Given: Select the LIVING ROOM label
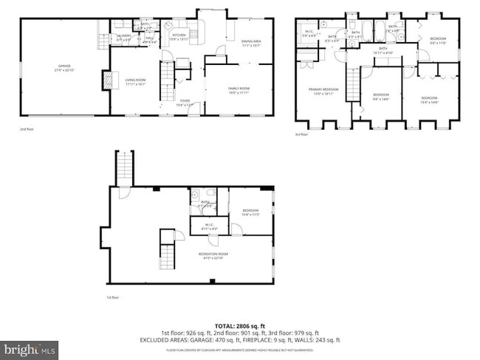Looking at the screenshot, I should [134, 81].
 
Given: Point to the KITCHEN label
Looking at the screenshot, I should [179, 36].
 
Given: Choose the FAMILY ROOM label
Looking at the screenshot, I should [238, 91].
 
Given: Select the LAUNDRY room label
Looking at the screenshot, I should [123, 37].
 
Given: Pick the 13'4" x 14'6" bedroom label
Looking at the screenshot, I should [430, 100].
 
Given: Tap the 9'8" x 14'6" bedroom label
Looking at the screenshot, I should [380, 96].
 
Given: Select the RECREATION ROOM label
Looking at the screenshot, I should [213, 256].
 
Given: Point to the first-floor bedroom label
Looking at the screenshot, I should [250, 212].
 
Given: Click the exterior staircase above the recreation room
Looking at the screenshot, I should [124, 167].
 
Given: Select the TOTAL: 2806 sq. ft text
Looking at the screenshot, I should [240, 325].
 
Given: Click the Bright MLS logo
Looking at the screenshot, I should [30, 346].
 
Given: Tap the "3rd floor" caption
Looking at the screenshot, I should [301, 134].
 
